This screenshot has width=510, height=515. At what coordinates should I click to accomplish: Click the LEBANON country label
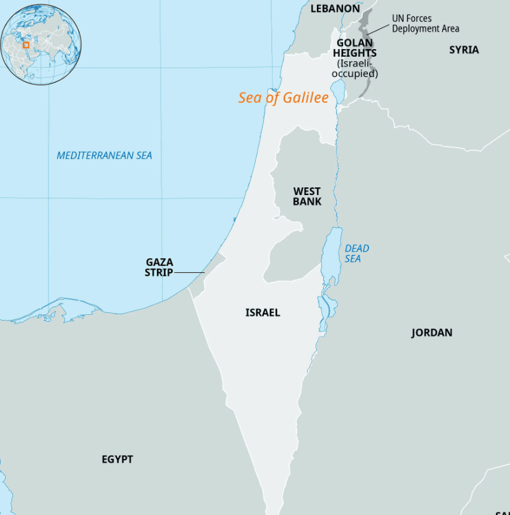click(335, 8)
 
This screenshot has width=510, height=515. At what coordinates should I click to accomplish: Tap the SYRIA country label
click(463, 50)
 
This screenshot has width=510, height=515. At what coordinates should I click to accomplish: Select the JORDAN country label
click(432, 333)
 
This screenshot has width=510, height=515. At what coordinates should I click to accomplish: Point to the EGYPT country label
click(117, 460)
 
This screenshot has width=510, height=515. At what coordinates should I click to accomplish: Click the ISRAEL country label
click(263, 313)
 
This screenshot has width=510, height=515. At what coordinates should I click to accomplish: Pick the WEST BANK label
click(307, 196)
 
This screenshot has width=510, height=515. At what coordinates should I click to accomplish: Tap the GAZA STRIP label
click(159, 267)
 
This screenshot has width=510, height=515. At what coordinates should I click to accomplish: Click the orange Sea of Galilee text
click(283, 98)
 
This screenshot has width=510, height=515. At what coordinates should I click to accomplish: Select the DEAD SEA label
click(356, 253)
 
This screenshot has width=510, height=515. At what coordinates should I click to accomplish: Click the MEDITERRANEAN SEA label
click(105, 156)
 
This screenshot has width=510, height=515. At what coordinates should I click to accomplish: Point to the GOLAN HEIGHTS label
click(354, 48)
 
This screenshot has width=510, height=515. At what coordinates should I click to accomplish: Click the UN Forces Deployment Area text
click(425, 24)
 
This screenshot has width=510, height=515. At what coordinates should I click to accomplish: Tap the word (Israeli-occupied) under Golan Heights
click(354, 69)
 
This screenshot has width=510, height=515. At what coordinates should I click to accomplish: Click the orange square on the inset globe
click(26, 45)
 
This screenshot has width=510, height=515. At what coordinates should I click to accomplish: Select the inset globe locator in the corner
click(41, 44)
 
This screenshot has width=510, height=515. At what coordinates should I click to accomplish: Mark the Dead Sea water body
click(332, 255)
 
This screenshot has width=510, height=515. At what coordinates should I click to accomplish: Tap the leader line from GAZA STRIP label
click(189, 273)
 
